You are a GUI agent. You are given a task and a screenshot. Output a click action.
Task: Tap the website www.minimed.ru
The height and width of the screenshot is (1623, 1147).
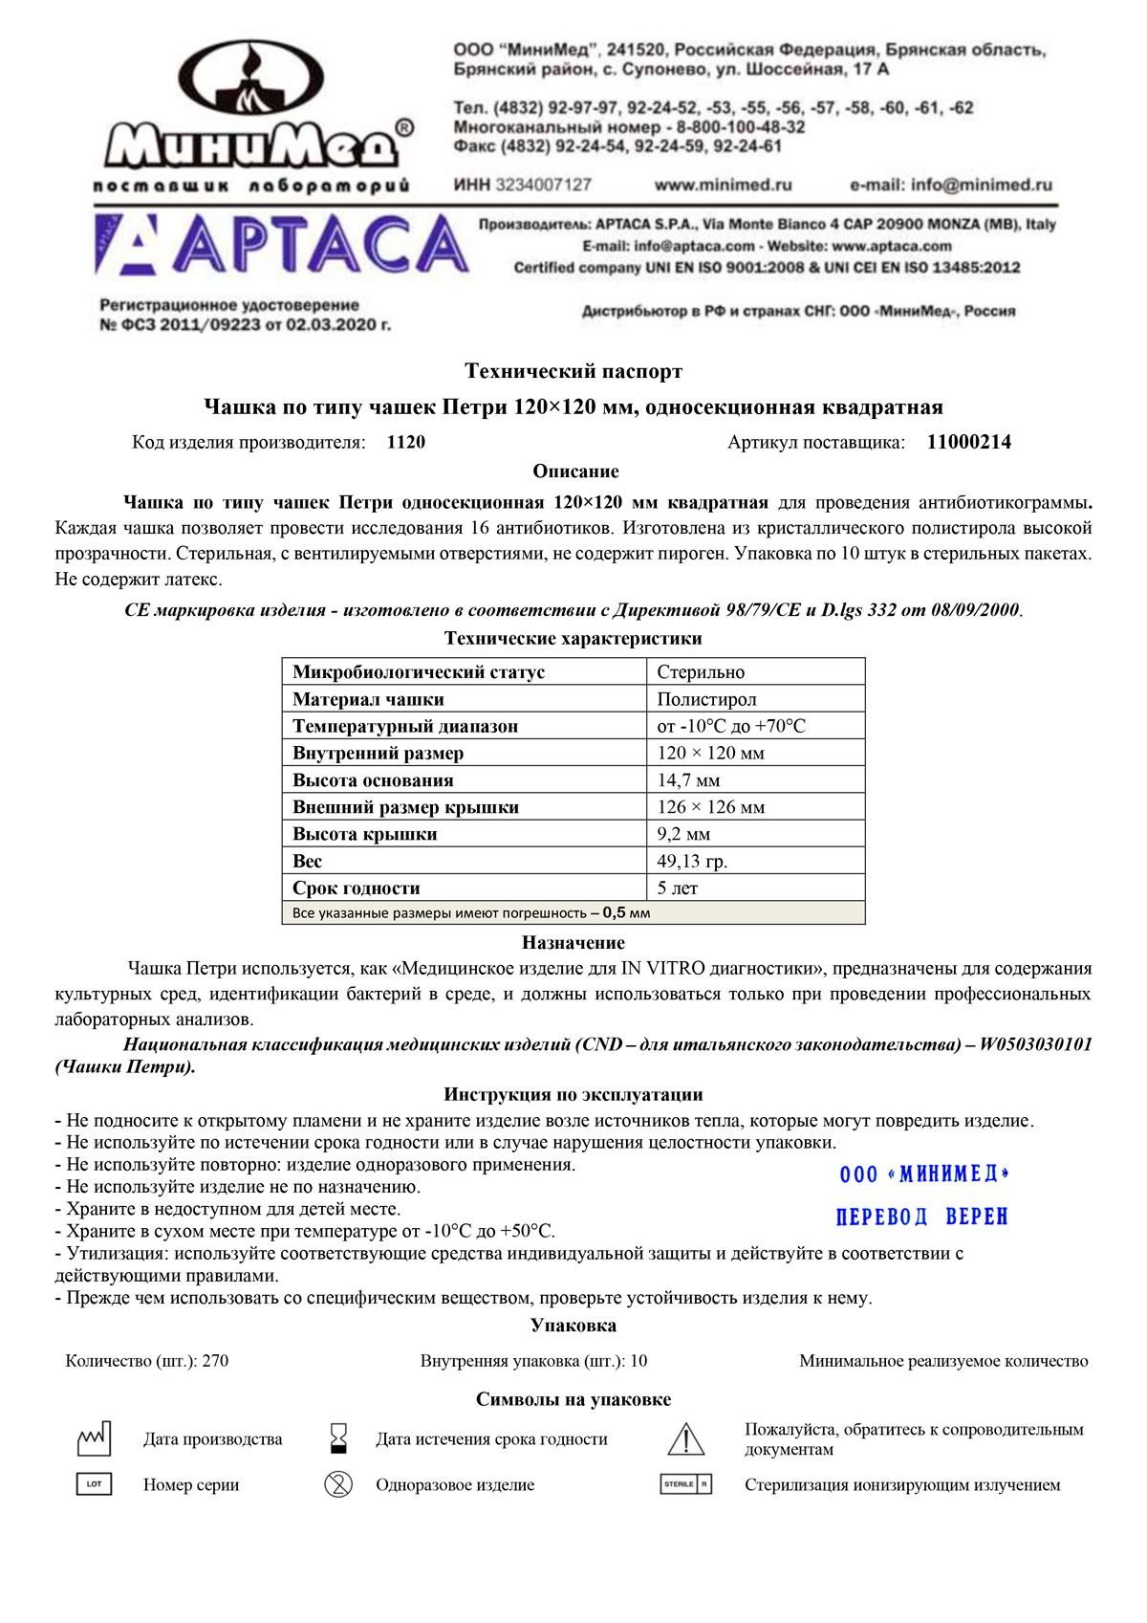pyautogui.click(x=723, y=185)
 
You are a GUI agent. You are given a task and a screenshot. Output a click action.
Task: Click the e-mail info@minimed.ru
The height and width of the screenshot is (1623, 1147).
pyautogui.click(x=951, y=185)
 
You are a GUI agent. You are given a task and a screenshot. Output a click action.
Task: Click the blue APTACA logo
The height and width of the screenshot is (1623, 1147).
pyautogui.click(x=281, y=245)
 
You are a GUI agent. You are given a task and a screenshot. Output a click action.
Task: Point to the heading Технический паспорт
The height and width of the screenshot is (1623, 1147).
pyautogui.click(x=573, y=371)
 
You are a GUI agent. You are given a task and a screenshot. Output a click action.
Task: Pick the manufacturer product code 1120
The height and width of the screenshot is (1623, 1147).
pyautogui.click(x=406, y=442)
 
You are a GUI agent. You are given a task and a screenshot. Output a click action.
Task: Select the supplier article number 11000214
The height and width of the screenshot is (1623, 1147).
pyautogui.click(x=968, y=442)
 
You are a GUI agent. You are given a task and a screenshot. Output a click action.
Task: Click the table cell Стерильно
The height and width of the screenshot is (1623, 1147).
pyautogui.click(x=701, y=672)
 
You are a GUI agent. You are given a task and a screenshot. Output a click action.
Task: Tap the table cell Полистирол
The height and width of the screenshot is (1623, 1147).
pyautogui.click(x=706, y=699)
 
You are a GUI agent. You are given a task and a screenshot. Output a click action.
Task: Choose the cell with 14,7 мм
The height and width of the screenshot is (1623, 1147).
pyautogui.click(x=688, y=780)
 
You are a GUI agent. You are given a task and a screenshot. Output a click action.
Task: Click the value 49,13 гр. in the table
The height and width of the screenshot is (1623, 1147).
pyautogui.click(x=692, y=861)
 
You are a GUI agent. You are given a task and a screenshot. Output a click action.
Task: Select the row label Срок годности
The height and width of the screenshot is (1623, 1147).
pyautogui.click(x=357, y=888)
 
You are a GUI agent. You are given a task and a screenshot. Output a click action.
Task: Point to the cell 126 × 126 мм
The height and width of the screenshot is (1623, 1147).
pyautogui.click(x=711, y=807)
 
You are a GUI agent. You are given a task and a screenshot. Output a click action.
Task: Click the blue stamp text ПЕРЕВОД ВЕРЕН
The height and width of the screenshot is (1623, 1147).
pyautogui.click(x=921, y=1217)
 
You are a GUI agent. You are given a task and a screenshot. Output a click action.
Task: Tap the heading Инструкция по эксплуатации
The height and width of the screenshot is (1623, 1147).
pyautogui.click(x=573, y=1094)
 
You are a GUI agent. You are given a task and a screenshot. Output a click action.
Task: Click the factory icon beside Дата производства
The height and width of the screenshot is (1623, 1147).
pyautogui.click(x=94, y=1437)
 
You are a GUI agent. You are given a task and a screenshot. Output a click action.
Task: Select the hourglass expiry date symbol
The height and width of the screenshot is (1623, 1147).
pyautogui.click(x=338, y=1437)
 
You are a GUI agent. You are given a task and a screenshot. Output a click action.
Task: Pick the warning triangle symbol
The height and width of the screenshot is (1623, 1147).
pyautogui.click(x=685, y=1438)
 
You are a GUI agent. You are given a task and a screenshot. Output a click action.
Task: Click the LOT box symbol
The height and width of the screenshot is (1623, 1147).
pyautogui.click(x=94, y=1484)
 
